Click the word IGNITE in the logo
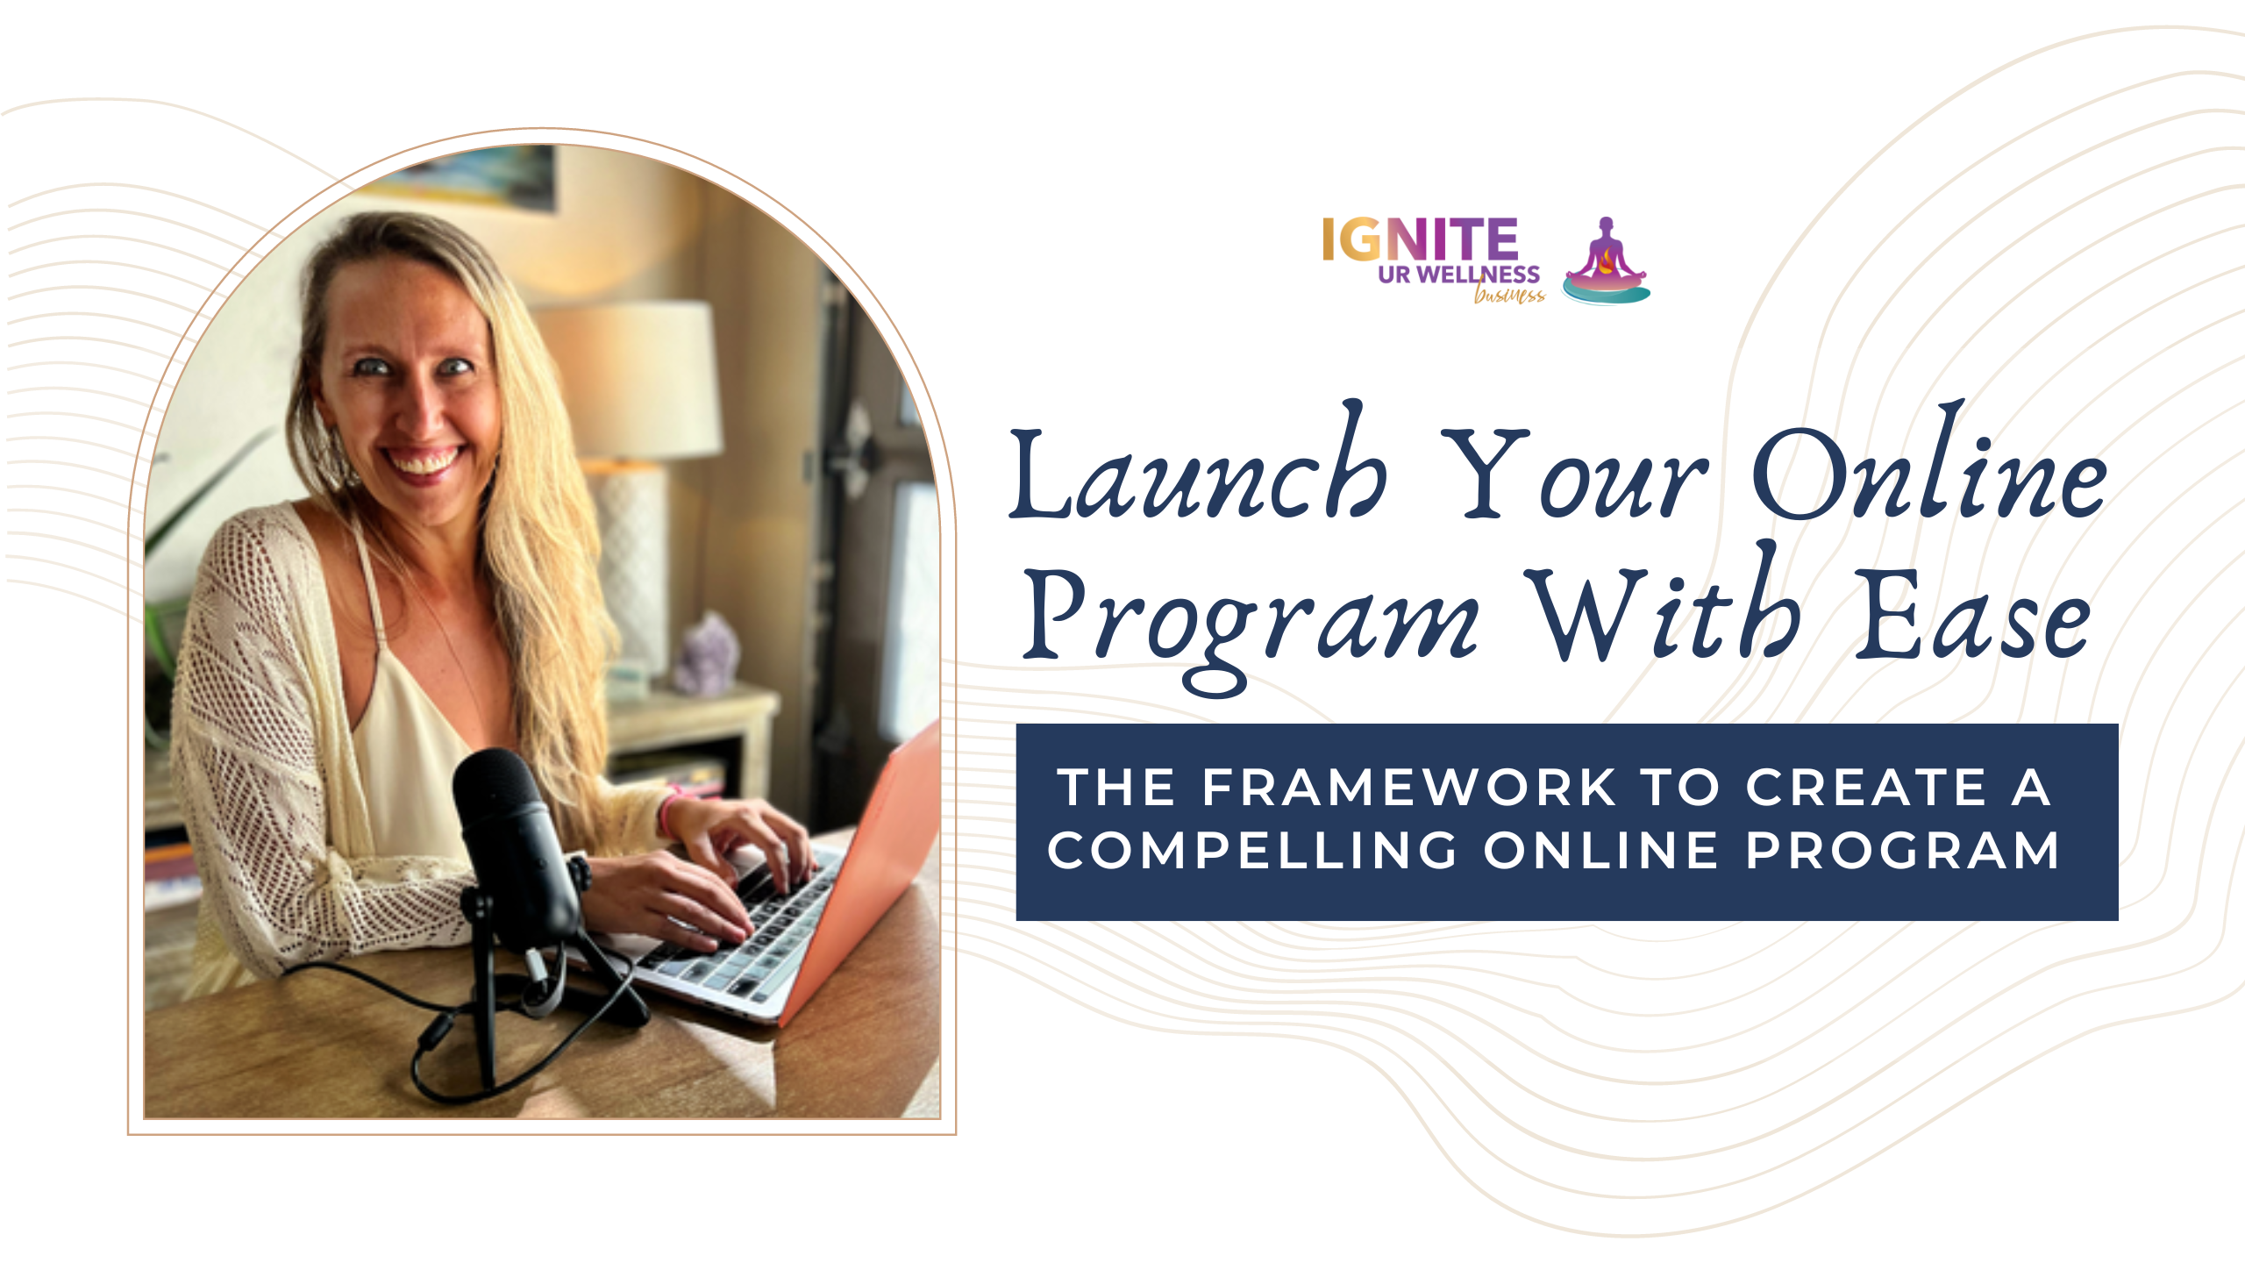pyautogui.click(x=1420, y=239)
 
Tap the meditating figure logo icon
pyautogui.click(x=1606, y=260)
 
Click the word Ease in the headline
pyautogui.click(x=1973, y=614)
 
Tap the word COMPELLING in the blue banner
pyautogui.click(x=1252, y=851)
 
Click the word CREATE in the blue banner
pyautogui.click(x=1866, y=787)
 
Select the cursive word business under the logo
pyautogui.click(x=1509, y=295)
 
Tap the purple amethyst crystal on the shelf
pyautogui.click(x=707, y=653)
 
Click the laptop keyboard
pyautogui.click(x=745, y=930)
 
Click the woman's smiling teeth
pyautogui.click(x=424, y=461)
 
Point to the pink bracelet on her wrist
pyautogui.click(x=670, y=811)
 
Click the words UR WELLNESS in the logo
pyautogui.click(x=1458, y=275)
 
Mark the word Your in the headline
pyautogui.click(x=1573, y=474)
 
